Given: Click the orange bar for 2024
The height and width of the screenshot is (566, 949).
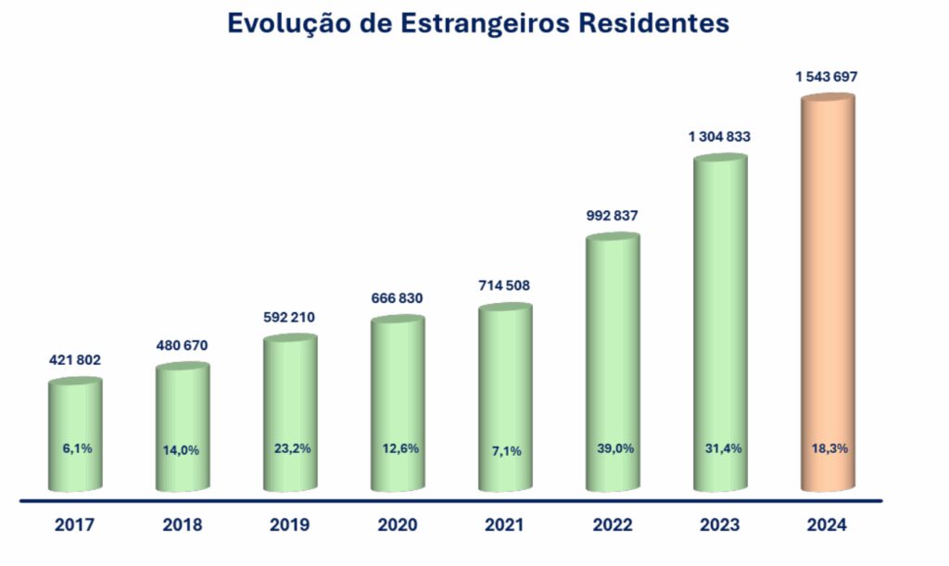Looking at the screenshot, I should [x=827, y=296].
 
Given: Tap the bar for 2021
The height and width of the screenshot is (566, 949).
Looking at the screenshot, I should [x=505, y=389].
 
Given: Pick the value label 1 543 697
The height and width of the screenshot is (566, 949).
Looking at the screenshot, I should [x=827, y=77].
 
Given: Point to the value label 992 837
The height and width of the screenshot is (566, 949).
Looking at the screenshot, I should [x=612, y=216].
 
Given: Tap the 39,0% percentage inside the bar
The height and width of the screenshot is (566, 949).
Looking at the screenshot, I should [x=612, y=448].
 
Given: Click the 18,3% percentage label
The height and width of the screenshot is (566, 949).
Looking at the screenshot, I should [x=827, y=448].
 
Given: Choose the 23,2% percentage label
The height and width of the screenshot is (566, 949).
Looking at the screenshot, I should [x=290, y=448].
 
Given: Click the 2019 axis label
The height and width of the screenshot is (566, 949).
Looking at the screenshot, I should [x=290, y=525].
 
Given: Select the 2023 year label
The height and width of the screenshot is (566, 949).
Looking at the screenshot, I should [x=720, y=525].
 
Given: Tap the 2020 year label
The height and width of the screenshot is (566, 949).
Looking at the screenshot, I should [x=398, y=525].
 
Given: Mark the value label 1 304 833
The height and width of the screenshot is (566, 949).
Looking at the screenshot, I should [x=719, y=136].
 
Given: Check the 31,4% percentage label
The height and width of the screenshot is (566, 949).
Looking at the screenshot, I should [x=720, y=448].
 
